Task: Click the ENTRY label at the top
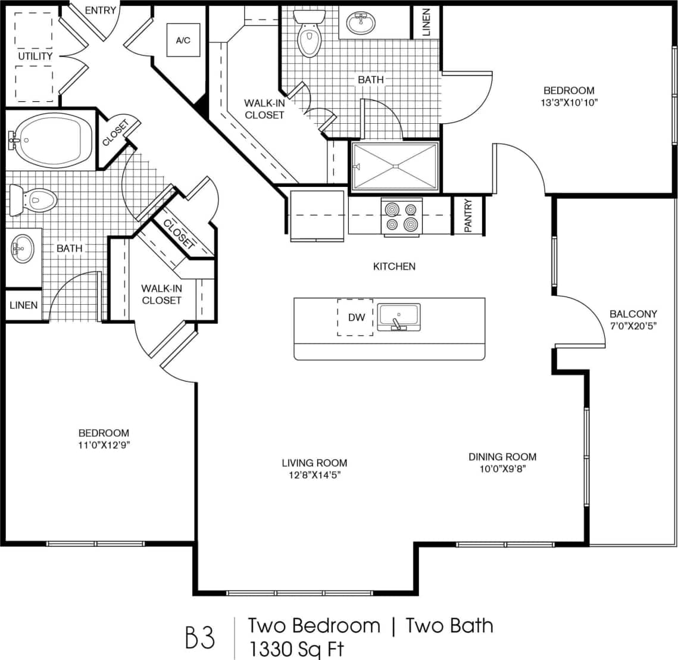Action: coord(100,11)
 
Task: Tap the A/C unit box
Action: coord(183,40)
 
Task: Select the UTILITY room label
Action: coord(35,56)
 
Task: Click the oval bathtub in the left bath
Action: coord(54,140)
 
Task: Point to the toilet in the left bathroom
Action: coord(34,201)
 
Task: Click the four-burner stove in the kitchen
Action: coord(401,217)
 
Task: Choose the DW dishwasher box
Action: coord(356,317)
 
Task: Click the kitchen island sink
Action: coord(399,316)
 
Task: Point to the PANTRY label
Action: coord(468,215)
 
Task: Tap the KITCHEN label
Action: coord(394,267)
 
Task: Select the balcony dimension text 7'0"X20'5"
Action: coord(633,326)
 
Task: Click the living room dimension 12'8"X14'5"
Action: coord(315,474)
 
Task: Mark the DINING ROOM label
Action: coord(502,457)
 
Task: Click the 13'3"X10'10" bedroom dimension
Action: coord(568,102)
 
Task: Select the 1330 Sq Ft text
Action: coord(297,648)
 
